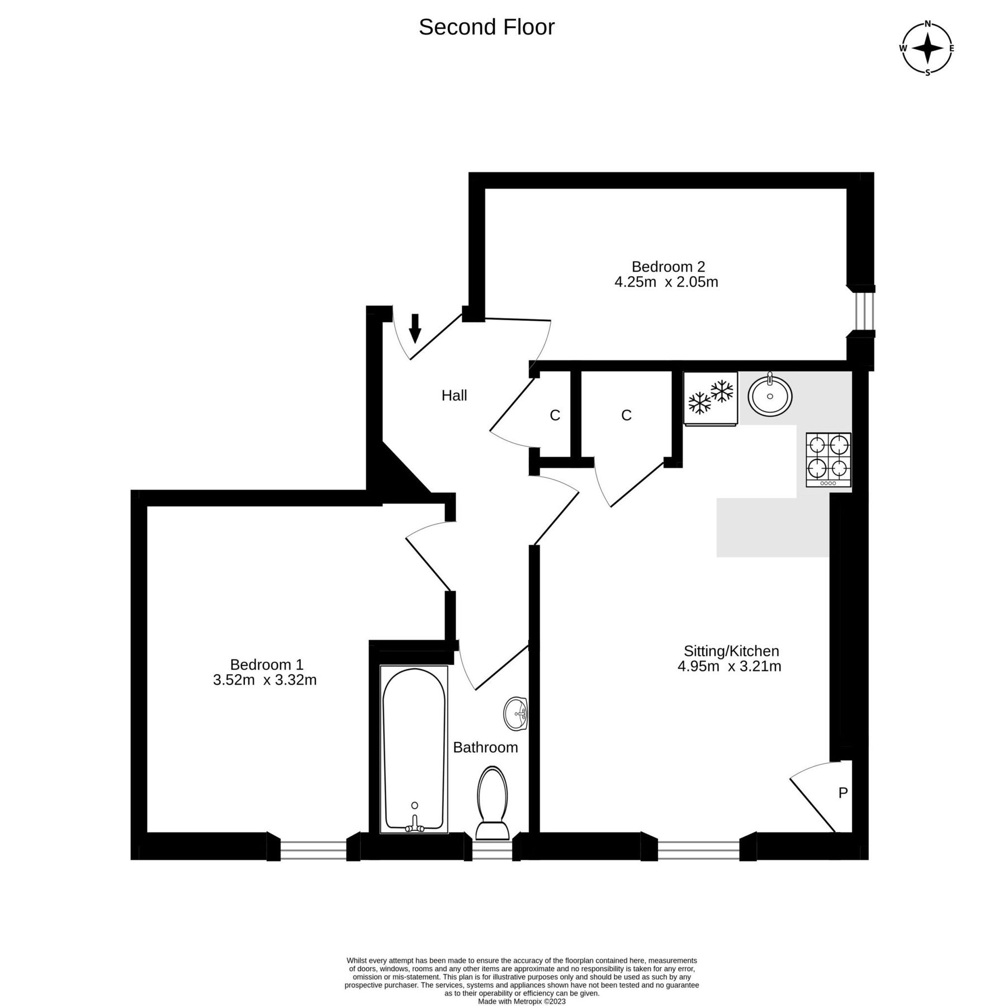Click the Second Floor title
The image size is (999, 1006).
(x=486, y=27)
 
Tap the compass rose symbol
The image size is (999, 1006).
(x=927, y=48)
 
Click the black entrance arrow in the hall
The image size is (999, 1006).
(x=414, y=328)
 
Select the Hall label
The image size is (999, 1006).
(x=454, y=396)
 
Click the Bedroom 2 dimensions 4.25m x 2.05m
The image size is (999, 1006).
(x=666, y=282)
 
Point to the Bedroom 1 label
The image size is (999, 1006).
(x=267, y=665)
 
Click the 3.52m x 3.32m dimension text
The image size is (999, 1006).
(x=265, y=680)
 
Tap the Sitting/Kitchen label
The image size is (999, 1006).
(x=731, y=651)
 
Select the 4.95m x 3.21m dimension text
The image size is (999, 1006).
(x=729, y=666)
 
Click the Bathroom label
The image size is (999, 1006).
(x=485, y=747)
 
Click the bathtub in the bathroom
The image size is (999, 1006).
(x=414, y=749)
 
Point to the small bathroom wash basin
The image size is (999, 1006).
(x=515, y=714)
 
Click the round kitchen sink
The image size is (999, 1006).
(x=770, y=395)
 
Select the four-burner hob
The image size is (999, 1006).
(x=828, y=459)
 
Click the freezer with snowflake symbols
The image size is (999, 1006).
(x=711, y=398)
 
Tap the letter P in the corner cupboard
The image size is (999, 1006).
(x=843, y=793)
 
